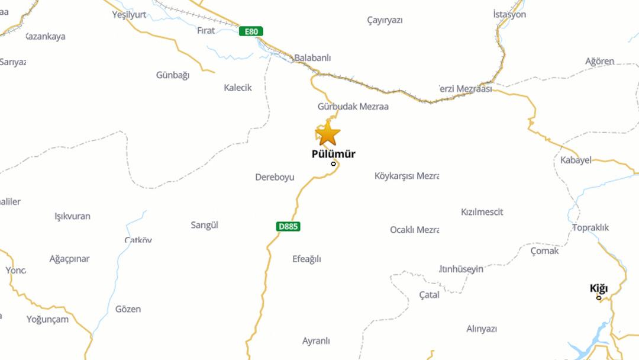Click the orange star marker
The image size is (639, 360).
pos(327,134)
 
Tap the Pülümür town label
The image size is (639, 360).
pos(333,155)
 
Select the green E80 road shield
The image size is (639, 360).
pos(251,31)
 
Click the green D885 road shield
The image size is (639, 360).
pos(288,226)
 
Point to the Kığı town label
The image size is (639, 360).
pos(598,288)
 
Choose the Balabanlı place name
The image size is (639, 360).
pos(312,58)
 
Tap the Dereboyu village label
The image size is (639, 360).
pos(275,177)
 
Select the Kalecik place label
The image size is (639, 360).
pos(238,88)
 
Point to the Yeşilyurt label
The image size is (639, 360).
pos(129,15)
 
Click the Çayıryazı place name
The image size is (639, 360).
pos(385,20)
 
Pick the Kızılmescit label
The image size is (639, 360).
pos(482,212)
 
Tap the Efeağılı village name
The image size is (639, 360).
pos(306,259)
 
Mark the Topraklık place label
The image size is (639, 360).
pos(590,227)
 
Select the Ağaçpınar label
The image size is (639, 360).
pos(70,259)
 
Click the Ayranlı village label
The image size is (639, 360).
pos(316,341)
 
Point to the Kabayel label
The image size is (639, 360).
pos(576,160)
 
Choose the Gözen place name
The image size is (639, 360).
pos(128,309)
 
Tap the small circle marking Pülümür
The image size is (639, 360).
pos(333,164)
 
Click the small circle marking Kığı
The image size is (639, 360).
pos(599,297)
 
